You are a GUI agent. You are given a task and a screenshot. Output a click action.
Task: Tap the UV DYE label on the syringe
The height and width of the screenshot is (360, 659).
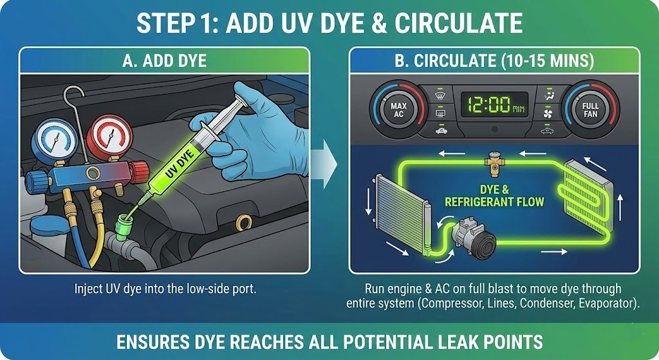click(179, 164)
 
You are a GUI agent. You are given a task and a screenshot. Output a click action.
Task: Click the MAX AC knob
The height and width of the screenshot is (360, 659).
click(398, 109)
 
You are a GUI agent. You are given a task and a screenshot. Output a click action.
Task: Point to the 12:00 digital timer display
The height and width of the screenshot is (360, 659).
click(494, 105)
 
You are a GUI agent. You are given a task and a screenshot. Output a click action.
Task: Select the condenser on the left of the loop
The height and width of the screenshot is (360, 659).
click(402, 215)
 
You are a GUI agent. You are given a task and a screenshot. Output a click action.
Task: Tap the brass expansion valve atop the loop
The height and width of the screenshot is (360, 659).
click(494, 163)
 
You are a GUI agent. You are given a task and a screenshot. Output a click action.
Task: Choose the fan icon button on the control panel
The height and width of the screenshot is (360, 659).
click(548, 113)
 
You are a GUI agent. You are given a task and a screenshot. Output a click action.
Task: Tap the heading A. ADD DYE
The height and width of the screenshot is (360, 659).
click(164, 61)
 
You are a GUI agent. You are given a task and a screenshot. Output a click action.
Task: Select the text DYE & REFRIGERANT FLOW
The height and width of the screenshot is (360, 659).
click(494, 196)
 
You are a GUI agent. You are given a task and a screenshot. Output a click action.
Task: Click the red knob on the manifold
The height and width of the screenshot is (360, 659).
click(139, 171)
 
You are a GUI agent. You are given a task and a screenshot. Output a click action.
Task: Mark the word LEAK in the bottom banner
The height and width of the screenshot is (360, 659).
click(458, 342)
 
